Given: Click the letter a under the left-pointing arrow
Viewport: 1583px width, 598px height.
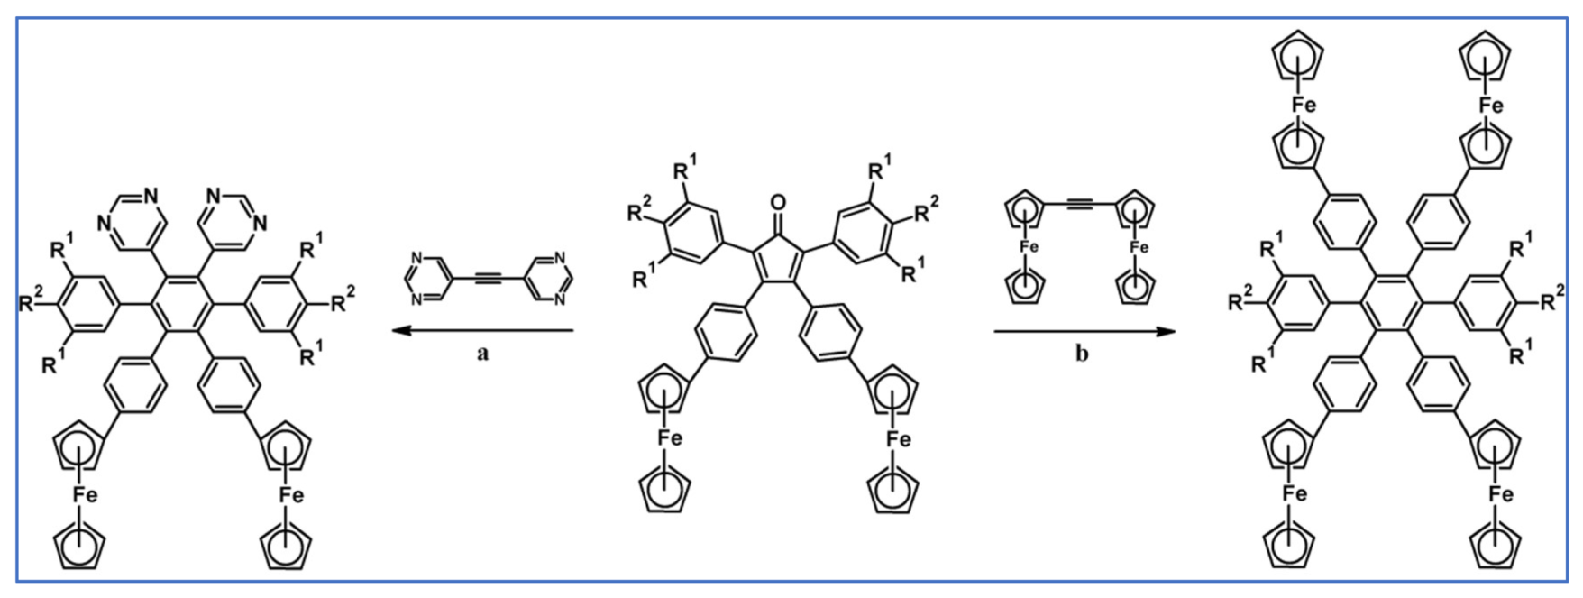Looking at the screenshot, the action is (x=482, y=354).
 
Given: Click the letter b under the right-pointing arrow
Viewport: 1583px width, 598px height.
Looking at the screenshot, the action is (x=1081, y=354).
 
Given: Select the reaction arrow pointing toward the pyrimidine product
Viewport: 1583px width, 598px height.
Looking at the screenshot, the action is (x=482, y=331).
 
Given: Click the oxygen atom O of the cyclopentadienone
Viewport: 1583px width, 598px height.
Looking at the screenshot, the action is (x=778, y=202).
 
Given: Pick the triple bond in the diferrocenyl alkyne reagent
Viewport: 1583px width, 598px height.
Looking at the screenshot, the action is (x=1081, y=207).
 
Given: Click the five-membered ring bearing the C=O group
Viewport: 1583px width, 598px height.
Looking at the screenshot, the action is (x=778, y=253).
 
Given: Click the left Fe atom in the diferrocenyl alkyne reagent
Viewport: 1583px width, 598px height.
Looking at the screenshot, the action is (x=1026, y=247).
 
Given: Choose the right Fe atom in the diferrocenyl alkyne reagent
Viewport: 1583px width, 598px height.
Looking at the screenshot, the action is (x=1139, y=247).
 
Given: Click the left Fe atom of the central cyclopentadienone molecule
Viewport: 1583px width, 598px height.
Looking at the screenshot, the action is (x=668, y=439).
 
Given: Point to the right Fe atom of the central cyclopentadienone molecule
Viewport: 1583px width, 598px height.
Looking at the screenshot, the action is (x=898, y=439).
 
